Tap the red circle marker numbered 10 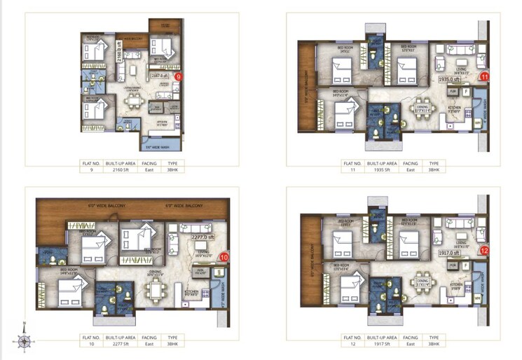point(224,257)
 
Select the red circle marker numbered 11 point(483,77)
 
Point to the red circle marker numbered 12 point(483,251)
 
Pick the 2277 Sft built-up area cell point(114,344)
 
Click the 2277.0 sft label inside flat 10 point(202,238)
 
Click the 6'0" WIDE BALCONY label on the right point(184,206)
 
